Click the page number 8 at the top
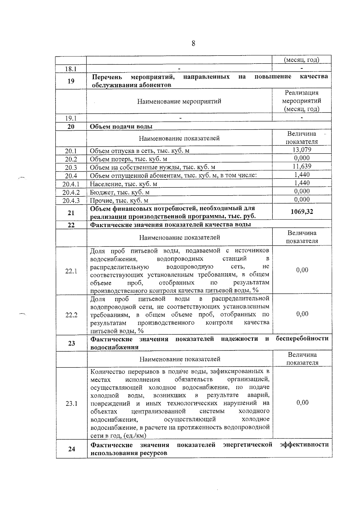tap(193, 44)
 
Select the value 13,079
tap(302, 150)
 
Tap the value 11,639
tap(302, 166)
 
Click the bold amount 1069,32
tap(302, 212)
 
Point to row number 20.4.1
tap(71, 184)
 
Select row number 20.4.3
tap(71, 200)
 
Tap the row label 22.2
tap(71, 315)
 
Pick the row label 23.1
tap(71, 404)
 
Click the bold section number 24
tap(71, 449)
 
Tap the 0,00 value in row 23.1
tap(302, 403)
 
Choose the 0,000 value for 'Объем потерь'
tap(302, 158)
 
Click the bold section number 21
tap(71, 213)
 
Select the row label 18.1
tap(71, 69)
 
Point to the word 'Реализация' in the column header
tap(302, 93)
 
